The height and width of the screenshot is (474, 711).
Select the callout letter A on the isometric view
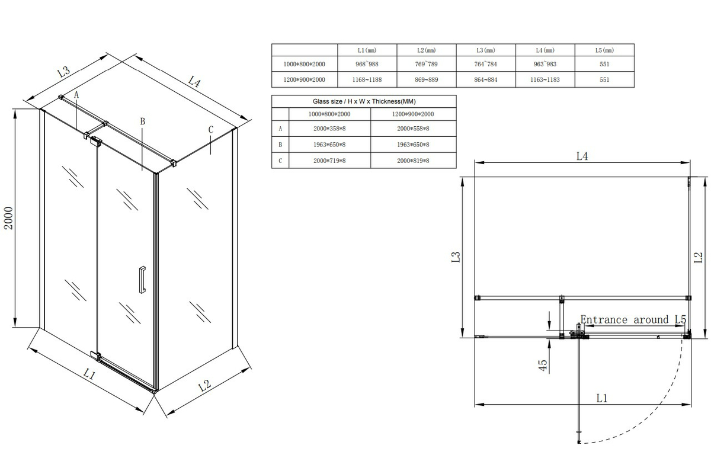tap(76, 94)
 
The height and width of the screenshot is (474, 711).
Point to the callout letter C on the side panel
tap(211, 130)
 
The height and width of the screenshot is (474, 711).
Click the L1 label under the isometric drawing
tap(89, 374)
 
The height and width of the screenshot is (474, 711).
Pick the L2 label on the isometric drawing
tap(204, 386)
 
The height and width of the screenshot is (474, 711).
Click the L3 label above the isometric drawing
tap(63, 73)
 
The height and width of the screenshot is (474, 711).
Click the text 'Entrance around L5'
tap(633, 320)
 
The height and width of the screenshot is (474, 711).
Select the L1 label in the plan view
tap(602, 398)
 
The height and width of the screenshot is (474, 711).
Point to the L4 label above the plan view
tap(582, 156)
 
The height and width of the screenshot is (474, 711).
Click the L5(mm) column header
tap(604, 50)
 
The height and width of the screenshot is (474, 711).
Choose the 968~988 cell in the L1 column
tap(367, 65)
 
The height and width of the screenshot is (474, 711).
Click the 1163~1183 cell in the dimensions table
tap(545, 79)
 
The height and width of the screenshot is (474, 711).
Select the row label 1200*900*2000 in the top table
tap(305, 79)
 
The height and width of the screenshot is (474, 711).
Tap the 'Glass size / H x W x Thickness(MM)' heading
tap(363, 101)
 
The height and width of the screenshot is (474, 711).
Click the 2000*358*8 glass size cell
tap(329, 128)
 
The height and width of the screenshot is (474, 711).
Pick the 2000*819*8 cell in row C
tap(413, 160)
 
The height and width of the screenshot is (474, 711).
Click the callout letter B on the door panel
tap(142, 121)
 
